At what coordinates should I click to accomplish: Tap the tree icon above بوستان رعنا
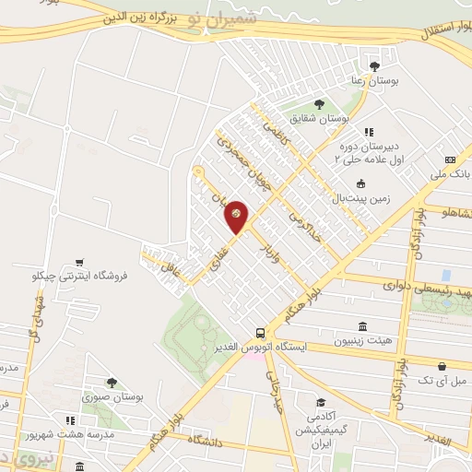tap(374, 65)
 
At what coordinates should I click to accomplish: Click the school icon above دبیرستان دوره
tap(368, 132)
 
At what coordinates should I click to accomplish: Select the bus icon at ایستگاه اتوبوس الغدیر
tap(262, 332)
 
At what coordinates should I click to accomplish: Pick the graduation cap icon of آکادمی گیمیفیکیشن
tap(320, 402)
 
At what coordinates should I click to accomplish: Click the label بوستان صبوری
tap(112, 396)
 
